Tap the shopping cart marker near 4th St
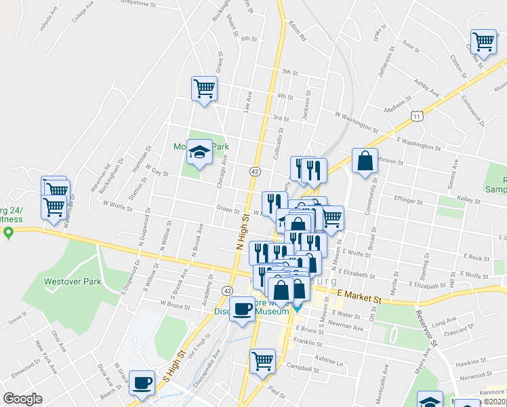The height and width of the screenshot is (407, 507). coord(204,88)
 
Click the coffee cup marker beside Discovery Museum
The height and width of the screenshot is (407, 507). coord(242,309)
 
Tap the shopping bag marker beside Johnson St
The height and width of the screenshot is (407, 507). coord(365,161)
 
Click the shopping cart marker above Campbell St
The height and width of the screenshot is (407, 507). coord(262,361)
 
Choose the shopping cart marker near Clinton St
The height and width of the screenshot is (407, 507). coord(484,41)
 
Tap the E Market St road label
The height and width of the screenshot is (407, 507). coord(359,296)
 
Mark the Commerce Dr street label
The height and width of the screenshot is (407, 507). coord(472,113)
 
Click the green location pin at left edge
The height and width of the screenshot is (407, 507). coord(8,234)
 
